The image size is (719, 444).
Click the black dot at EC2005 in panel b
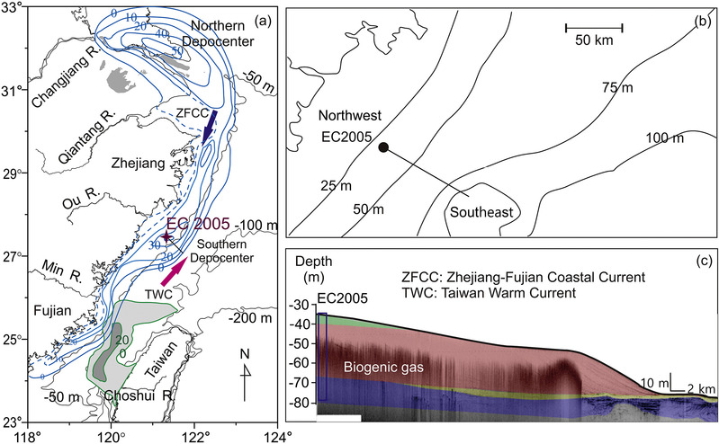click(383, 147)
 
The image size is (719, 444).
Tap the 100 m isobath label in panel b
click(664, 138)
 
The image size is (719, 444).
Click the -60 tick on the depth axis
click(301, 363)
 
